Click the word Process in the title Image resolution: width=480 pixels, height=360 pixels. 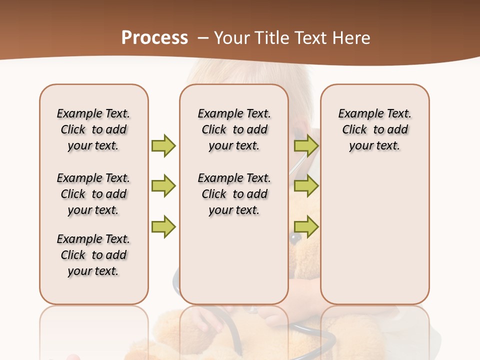tap(154, 37)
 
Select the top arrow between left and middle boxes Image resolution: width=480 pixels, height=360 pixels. tap(163, 145)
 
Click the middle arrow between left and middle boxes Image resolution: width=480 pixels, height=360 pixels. tap(163, 186)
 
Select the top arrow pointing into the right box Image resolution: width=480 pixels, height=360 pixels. tap(306, 145)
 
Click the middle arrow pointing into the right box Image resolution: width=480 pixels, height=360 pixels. tap(306, 186)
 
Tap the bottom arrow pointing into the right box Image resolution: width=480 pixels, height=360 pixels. tap(306, 227)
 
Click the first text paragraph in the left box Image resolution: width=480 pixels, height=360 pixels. tap(93, 129)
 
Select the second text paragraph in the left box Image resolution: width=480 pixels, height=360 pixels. tap(93, 194)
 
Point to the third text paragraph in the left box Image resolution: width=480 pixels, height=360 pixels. tap(93, 255)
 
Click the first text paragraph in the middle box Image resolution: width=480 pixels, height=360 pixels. tap(234, 129)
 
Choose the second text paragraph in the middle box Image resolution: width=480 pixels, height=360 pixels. tap(234, 194)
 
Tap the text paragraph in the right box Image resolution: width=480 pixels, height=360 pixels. tap(374, 129)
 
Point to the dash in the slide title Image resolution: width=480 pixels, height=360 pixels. tap(203, 38)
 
